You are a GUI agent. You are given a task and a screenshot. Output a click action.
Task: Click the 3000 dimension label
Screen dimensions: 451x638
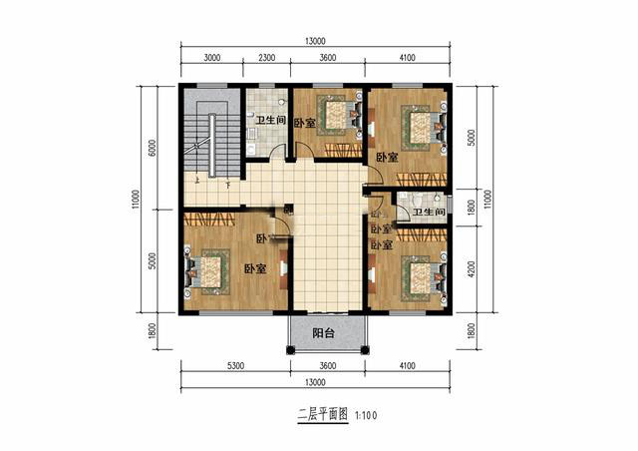(x=211, y=59)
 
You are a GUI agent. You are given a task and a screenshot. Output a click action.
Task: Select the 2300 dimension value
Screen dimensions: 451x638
(x=266, y=59)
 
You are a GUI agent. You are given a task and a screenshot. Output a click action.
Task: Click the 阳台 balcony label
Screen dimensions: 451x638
(x=321, y=333)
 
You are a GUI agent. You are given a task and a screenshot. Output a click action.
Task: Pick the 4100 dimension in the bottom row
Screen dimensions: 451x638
(x=408, y=367)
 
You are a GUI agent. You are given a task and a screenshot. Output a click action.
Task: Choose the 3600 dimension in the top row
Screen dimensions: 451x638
(x=328, y=59)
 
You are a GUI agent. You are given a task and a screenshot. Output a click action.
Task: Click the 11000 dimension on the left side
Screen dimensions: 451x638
(x=136, y=202)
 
